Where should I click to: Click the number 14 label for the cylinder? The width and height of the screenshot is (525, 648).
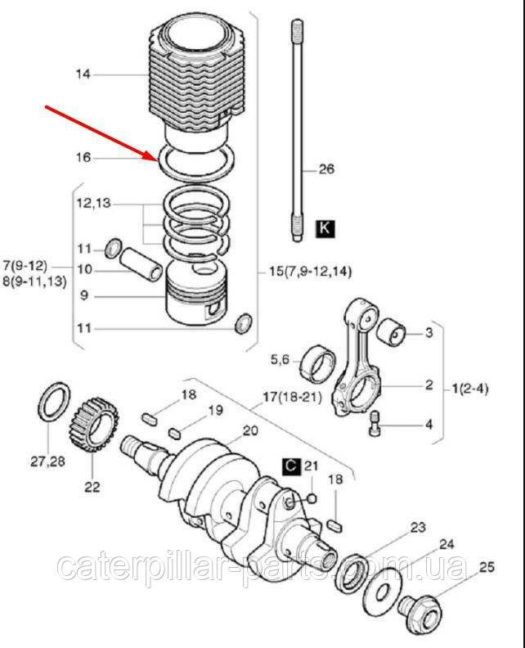tap(83, 74)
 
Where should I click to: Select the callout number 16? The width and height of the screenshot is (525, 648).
tap(83, 157)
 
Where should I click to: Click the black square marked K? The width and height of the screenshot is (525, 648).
tap(325, 228)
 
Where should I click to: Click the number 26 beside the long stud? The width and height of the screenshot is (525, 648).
tap(326, 169)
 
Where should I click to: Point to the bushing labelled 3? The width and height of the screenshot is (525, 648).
tap(393, 332)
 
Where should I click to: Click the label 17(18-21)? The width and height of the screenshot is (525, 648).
tap(293, 397)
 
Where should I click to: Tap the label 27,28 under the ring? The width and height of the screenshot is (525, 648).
tap(47, 461)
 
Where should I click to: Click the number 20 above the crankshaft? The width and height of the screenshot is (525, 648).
tap(250, 430)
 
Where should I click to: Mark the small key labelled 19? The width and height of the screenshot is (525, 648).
tap(175, 434)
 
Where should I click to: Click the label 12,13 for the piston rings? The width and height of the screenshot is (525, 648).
tap(94, 204)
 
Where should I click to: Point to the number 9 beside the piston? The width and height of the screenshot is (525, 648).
tap(84, 296)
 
